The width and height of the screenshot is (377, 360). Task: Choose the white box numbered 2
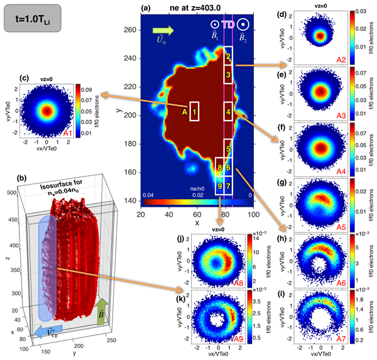[x=229, y=55]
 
